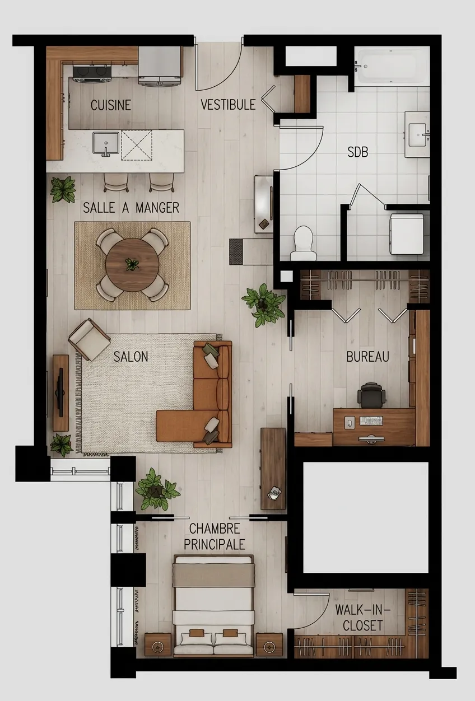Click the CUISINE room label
(x=111, y=105)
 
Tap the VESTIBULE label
(x=228, y=105)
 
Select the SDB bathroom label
(x=357, y=152)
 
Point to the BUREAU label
(x=367, y=357)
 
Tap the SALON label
(x=131, y=357)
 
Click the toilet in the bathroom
(x=304, y=243)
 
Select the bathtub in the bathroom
(x=392, y=67)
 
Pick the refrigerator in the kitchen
(x=160, y=66)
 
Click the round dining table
(x=132, y=264)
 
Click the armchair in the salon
(x=89, y=339)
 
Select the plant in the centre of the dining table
(x=132, y=264)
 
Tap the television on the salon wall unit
(x=60, y=392)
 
